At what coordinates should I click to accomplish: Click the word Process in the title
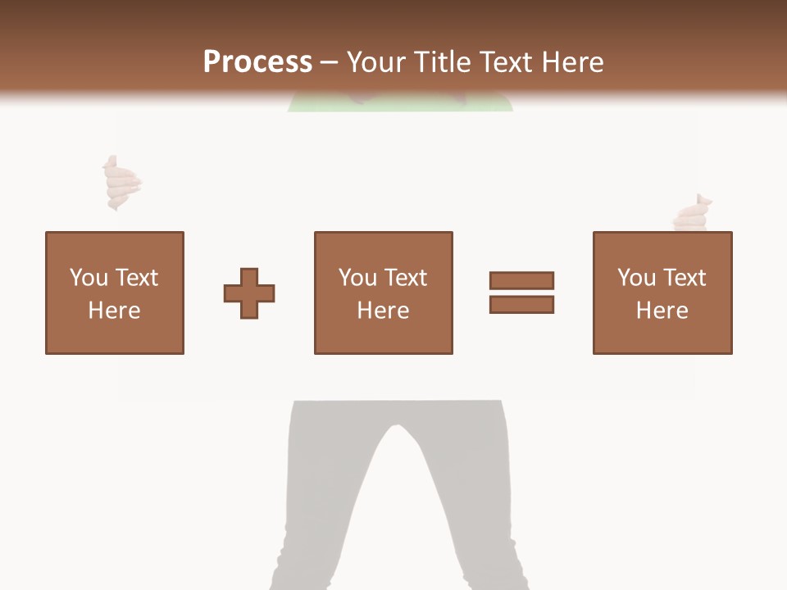[257, 62]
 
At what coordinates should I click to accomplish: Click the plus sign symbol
[249, 293]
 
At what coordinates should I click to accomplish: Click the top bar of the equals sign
[521, 280]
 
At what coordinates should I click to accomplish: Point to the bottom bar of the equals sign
[521, 304]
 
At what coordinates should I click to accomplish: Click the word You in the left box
[89, 278]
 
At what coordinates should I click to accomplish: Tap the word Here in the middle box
[384, 311]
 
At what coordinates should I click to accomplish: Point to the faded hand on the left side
[121, 183]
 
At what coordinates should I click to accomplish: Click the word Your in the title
[376, 62]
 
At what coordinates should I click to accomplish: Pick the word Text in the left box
[137, 278]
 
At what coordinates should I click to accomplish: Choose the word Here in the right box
[662, 311]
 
